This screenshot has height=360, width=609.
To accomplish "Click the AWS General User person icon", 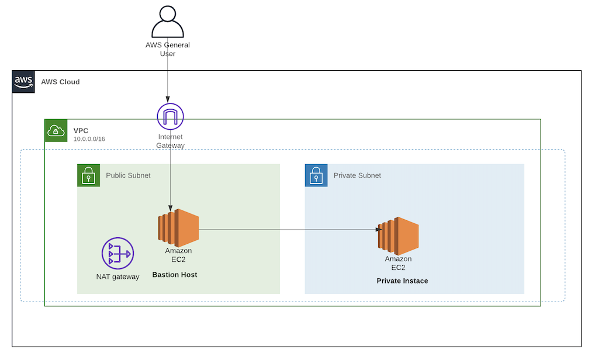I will [x=167, y=22].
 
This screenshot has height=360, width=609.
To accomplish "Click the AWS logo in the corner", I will [x=23, y=82].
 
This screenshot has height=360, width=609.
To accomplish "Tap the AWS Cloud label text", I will [x=60, y=82].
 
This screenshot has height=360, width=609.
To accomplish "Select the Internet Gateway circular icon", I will [x=170, y=117].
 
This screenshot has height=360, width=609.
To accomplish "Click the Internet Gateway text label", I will [x=170, y=141].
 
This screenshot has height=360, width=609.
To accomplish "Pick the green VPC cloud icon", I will [x=56, y=130].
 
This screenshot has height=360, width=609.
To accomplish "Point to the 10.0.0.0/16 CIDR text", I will [x=89, y=139].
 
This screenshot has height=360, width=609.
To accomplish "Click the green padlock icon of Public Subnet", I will [x=89, y=175].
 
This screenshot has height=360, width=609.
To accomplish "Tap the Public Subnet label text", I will [x=128, y=175].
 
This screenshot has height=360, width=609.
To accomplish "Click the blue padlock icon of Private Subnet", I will [x=316, y=175].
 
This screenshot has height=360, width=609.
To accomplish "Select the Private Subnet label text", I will [x=357, y=175].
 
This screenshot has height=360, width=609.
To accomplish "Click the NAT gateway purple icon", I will [x=117, y=254].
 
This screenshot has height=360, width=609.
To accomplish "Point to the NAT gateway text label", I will [x=117, y=276].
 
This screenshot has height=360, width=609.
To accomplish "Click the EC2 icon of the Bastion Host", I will [x=178, y=227].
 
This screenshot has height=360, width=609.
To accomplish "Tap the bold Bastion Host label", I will [x=175, y=275].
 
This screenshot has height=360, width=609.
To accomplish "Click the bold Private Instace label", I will [x=402, y=281].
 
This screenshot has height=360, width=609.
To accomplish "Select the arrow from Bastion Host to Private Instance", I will [x=286, y=230].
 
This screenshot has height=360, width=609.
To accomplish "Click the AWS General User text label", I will [x=168, y=49].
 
